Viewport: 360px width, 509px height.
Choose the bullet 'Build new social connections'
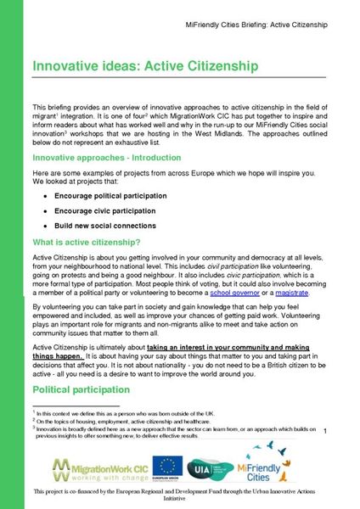[x=104, y=226]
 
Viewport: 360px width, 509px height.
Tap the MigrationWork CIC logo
[x=93, y=467]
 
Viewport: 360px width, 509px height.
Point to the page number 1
[x=324, y=433]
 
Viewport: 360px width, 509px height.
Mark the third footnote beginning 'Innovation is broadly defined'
[x=170, y=428]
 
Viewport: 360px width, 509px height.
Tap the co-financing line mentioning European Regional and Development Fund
[x=179, y=495]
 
